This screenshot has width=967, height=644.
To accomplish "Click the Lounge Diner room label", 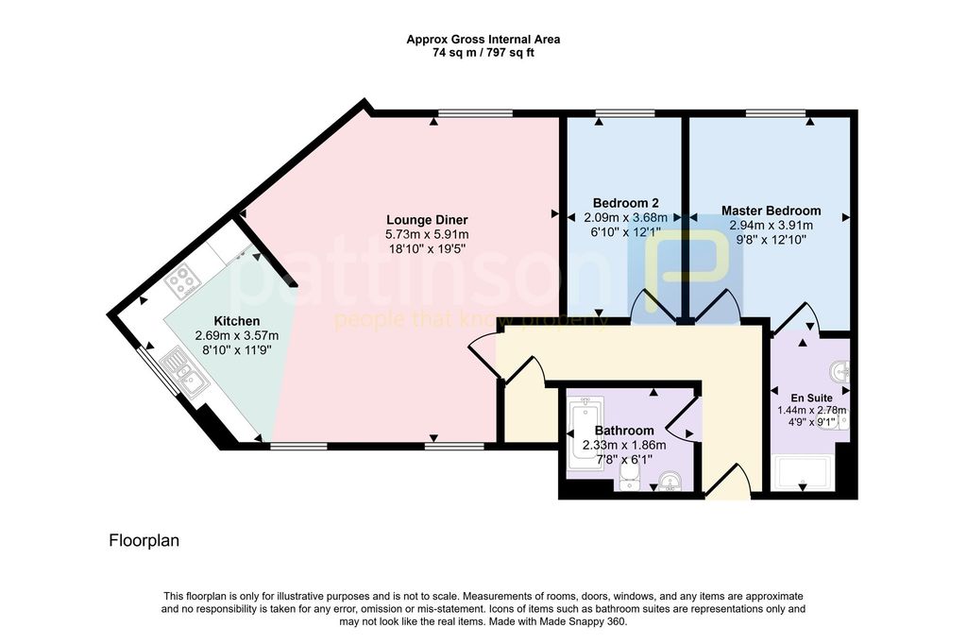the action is pos(427,220).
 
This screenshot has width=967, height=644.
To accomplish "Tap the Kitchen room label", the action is pos(236,321).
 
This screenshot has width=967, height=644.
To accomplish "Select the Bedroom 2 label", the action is pos(625,203).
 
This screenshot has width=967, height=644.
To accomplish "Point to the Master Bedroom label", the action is pos(771,211).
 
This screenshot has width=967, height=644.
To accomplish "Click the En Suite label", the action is pos(811,398).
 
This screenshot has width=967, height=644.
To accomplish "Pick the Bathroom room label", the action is pos(624,431).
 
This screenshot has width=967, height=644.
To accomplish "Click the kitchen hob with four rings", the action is pos(182,281).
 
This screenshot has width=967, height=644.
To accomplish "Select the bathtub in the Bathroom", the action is pos(585,433).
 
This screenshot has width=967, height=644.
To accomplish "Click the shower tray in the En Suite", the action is pos(803,474).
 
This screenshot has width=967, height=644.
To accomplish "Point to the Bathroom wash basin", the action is pos(670,480).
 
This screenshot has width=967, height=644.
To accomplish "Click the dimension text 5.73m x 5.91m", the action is pos(427,234).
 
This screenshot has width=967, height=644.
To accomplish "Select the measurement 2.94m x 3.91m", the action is pos(771,225).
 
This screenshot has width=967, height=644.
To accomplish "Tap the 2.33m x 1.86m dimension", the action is pos(624,445).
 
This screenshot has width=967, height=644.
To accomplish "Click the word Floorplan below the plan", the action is pos(144,541).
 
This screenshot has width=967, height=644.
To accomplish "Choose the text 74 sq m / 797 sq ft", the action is pos(483,53).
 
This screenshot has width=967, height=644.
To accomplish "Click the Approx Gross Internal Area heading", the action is pos(483,40).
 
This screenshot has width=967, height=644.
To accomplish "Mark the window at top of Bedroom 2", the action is pos(625,113).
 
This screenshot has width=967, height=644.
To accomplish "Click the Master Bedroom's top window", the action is pos(775,113).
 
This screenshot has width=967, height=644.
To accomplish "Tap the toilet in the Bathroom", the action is pos(628,478).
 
